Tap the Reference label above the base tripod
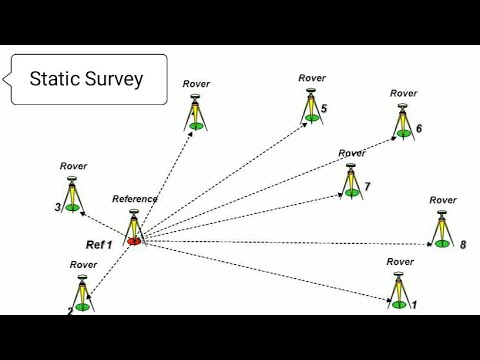tap(135, 199)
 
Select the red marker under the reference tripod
tap(134, 241)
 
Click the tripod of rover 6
tap(402, 119)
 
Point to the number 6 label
tap(418, 128)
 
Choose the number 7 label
tap(367, 187)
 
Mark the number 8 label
tap(463, 244)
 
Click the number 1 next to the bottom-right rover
tap(415, 303)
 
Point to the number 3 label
tap(59, 207)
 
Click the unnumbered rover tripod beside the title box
tap(196, 111)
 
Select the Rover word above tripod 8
tap(443, 200)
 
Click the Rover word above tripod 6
tap(403, 93)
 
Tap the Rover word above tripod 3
tap(74, 167)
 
